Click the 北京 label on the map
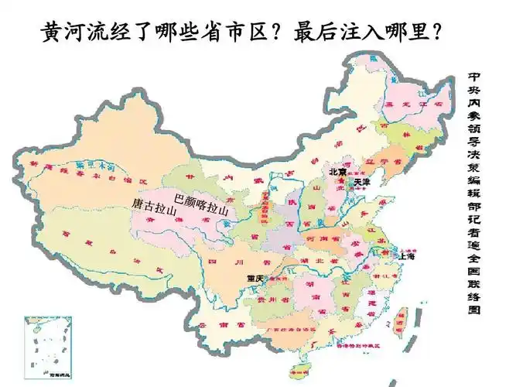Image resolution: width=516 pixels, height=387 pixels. point(337,172)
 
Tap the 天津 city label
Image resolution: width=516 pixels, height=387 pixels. point(361,183)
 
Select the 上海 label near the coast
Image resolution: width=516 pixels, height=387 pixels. point(407,256)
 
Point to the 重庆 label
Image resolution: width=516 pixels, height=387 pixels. point(255,278)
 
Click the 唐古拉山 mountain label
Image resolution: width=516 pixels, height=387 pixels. point(155,206)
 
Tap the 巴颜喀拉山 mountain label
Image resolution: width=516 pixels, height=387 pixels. point(202,203)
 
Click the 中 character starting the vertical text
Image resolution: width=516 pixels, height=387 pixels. point(474,78)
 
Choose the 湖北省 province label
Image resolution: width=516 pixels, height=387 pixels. point(318,261)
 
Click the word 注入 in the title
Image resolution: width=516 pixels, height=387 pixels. point(363,33)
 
